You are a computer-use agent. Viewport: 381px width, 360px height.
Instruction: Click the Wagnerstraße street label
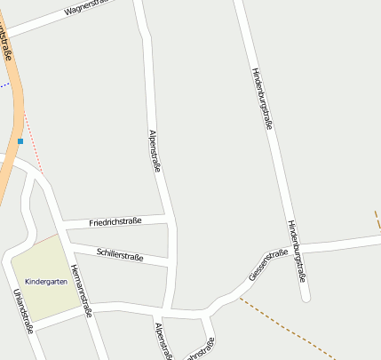pos(88,10)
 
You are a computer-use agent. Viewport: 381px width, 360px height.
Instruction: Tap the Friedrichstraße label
pos(115,221)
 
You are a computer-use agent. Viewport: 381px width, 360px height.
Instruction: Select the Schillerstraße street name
pos(120,255)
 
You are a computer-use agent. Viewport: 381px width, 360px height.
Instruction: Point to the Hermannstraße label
pos(82,291)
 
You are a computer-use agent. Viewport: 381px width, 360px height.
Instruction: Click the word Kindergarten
pos(46,281)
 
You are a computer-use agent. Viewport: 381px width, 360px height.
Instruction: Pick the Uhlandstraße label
pos(23,310)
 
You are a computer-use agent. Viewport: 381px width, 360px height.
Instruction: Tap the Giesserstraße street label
pos(268,266)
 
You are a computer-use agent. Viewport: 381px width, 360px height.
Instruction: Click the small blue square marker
pos(20,140)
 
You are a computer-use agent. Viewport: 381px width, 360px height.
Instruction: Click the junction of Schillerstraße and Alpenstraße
pos(171,261)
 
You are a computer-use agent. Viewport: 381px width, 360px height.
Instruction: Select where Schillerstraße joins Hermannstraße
pos(67,244)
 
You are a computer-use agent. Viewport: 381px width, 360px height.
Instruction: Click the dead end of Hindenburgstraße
pos(306,298)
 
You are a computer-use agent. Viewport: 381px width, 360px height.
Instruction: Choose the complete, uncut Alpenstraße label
pos(154,150)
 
